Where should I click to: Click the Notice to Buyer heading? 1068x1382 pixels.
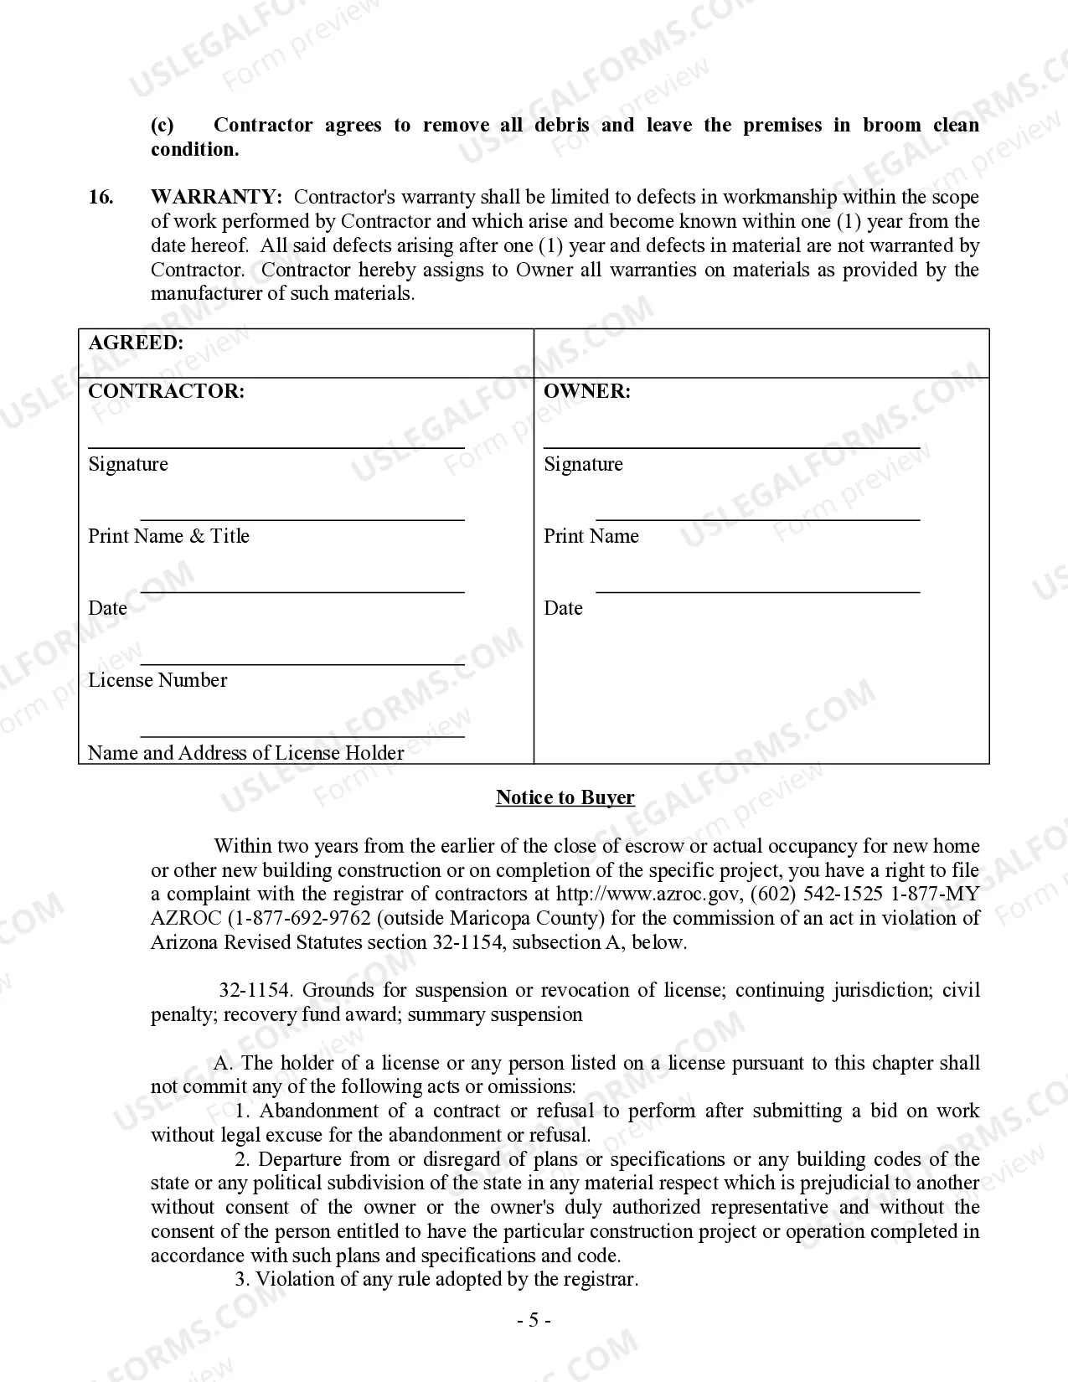click(565, 797)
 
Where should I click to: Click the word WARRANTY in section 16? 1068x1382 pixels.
click(215, 198)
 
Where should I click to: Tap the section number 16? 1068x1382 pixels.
click(101, 198)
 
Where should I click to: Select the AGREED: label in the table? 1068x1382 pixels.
click(136, 343)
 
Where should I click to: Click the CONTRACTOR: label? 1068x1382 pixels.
click(166, 392)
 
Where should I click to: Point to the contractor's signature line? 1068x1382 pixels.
click(276, 447)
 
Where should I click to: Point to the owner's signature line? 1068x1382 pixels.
click(731, 447)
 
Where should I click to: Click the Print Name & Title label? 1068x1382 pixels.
click(168, 536)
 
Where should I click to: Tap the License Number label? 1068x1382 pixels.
click(157, 680)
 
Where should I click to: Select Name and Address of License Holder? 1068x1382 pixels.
click(245, 753)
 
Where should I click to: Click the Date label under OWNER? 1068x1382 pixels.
click(563, 608)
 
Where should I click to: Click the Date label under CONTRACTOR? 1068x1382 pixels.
click(107, 608)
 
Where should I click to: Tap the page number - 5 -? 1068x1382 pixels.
click(533, 1321)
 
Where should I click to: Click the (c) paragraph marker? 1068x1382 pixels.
click(163, 126)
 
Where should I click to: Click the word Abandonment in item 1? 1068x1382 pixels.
click(320, 1111)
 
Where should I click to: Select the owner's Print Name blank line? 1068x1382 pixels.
click(757, 519)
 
